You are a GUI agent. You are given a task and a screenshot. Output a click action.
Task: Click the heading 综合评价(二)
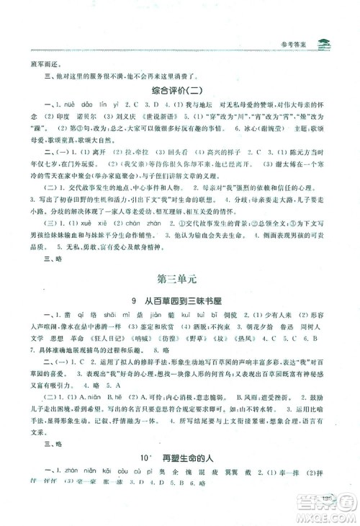click(179, 92)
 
